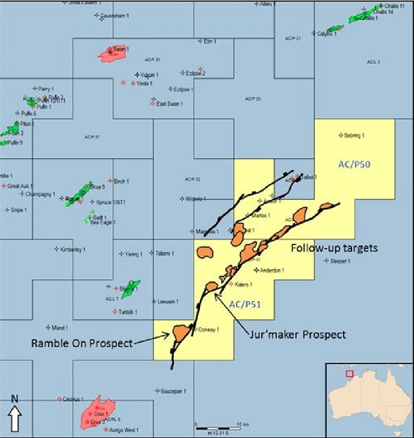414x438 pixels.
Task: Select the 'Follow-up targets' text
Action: pyautogui.click(x=334, y=248)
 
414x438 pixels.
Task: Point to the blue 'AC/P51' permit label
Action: pyautogui.click(x=245, y=305)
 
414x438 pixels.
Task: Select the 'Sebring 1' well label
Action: pyautogui.click(x=354, y=135)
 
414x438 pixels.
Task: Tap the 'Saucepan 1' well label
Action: pyautogui.click(x=174, y=391)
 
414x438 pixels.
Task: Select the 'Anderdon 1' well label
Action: pyautogui.click(x=272, y=270)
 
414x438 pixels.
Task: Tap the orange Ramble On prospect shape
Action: pyautogui.click(x=181, y=332)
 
